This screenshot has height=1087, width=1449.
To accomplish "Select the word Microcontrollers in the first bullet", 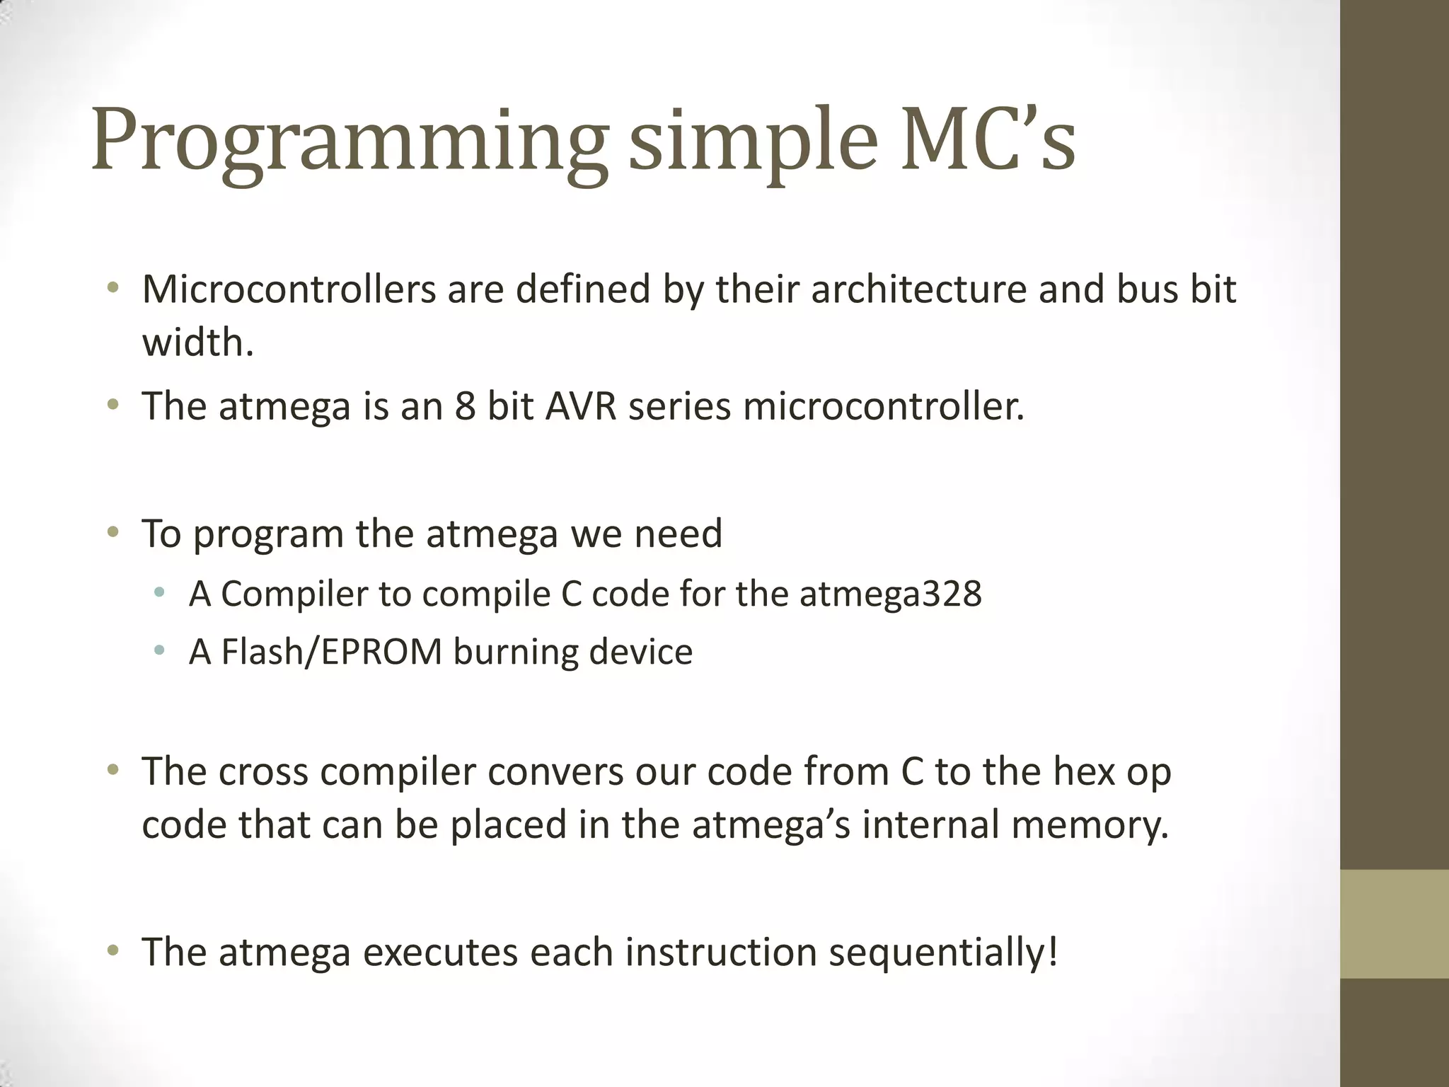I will [289, 289].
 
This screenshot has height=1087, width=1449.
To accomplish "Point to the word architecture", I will [918, 289].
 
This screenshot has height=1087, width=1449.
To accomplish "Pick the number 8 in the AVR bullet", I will [465, 406].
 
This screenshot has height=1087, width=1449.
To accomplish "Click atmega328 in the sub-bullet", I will [891, 593].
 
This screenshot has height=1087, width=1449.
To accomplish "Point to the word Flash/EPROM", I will [331, 651].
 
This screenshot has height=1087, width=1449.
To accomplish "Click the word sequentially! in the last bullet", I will [944, 952].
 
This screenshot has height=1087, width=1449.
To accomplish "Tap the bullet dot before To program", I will [112, 532].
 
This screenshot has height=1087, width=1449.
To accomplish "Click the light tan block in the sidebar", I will [1395, 924].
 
